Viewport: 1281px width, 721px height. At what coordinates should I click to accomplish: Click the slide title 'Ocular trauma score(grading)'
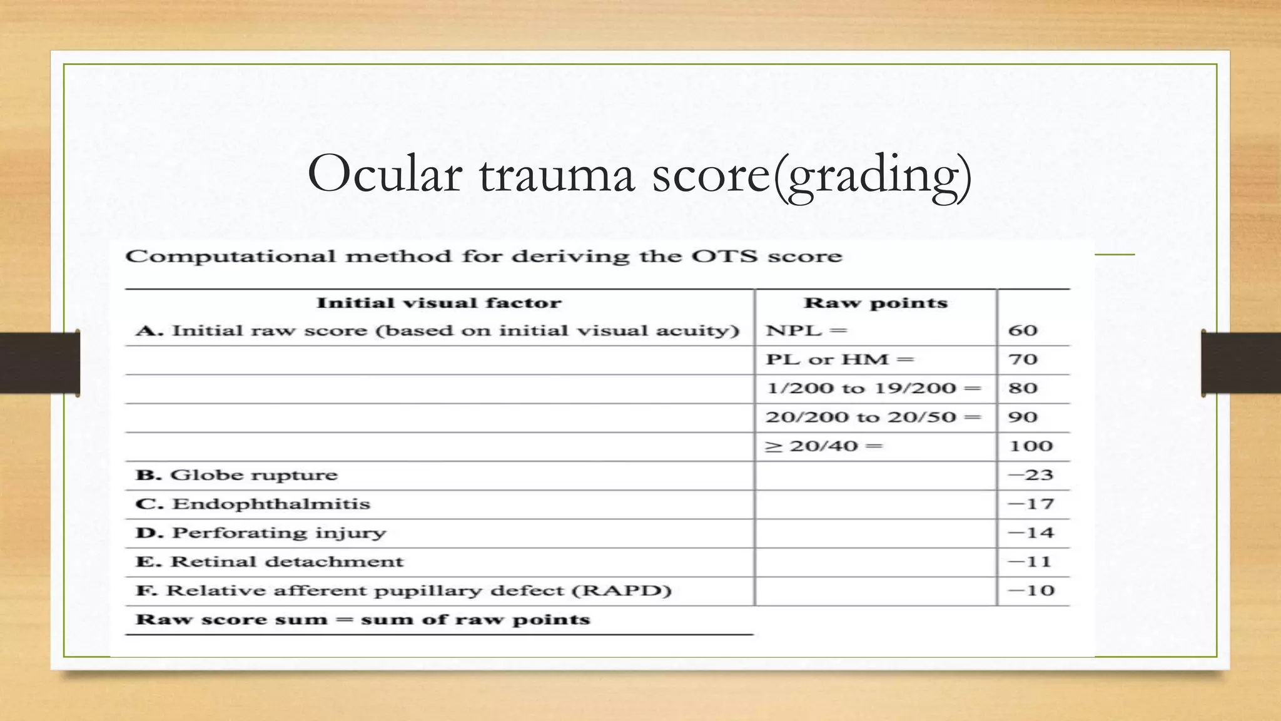(639, 175)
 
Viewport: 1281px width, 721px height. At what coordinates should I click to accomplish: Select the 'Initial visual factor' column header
(438, 304)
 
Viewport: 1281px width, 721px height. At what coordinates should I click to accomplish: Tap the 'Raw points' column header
(875, 304)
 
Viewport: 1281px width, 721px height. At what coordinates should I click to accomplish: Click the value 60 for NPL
(1023, 330)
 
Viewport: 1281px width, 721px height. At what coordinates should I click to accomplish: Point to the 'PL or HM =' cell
(839, 360)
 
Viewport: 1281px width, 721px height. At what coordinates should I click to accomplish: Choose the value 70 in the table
(1023, 360)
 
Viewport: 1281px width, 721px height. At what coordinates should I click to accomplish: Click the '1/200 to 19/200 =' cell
(874, 389)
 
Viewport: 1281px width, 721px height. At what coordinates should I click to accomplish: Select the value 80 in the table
(1023, 389)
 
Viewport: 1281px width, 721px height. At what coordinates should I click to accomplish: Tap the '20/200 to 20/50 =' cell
(873, 417)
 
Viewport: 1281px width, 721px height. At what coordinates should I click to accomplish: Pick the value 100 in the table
(1031, 446)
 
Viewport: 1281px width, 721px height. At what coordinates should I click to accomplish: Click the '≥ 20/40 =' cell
(824, 446)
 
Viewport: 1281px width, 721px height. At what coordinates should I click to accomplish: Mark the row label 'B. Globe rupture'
(236, 475)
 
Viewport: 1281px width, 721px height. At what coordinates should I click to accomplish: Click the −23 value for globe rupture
(1031, 475)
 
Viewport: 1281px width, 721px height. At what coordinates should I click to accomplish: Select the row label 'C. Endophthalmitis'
(253, 504)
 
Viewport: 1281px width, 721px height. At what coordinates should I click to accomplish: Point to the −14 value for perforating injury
(1031, 533)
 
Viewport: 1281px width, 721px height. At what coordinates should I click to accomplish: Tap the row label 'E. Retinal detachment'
(270, 561)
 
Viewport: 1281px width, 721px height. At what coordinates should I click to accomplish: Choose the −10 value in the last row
(1031, 591)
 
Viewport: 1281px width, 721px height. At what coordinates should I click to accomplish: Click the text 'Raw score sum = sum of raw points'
(363, 620)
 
